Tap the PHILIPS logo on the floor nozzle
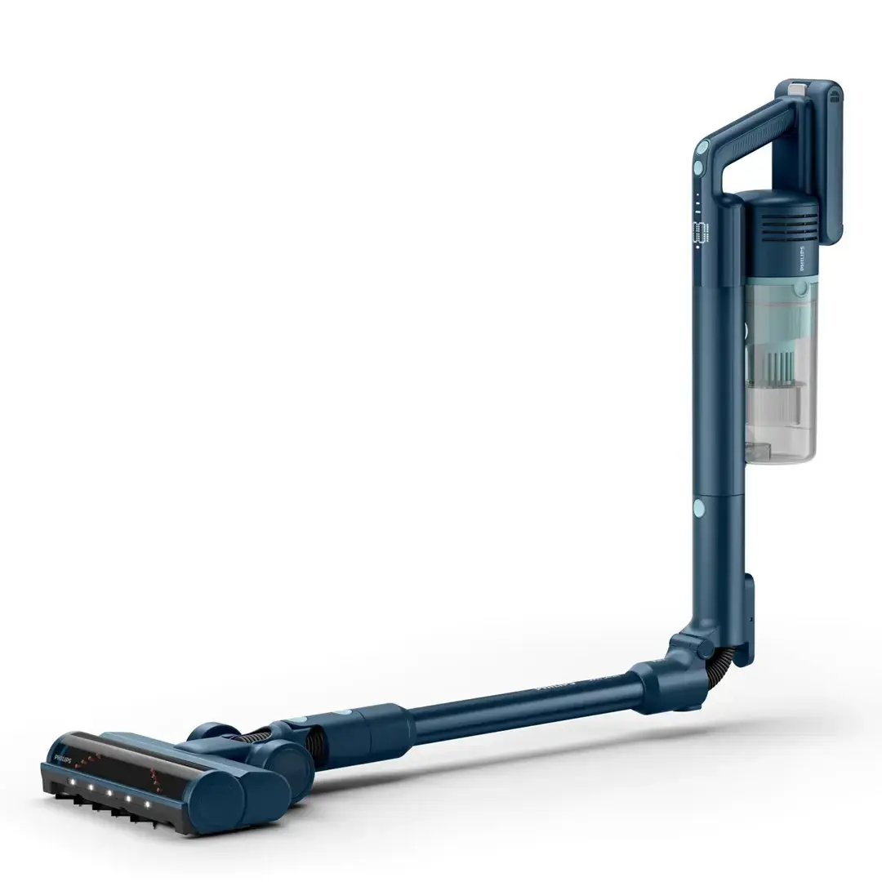point(63,759)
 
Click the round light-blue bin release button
point(802,287)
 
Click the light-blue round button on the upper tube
point(699,508)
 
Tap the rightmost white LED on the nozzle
point(148,804)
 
